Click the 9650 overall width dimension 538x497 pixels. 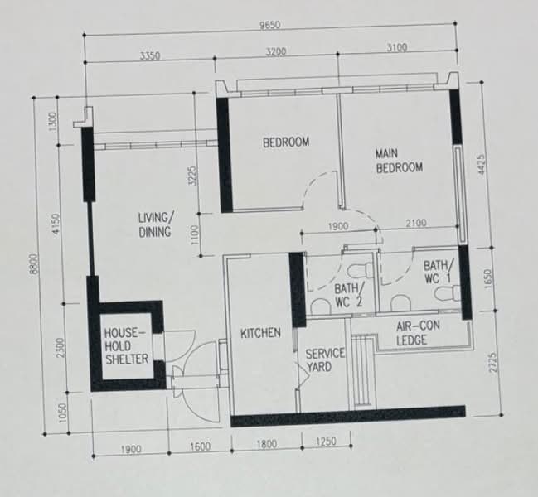coord(269,26)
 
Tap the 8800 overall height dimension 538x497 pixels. coord(34,264)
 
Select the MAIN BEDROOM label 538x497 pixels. coord(399,161)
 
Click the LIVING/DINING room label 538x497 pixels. coord(155,224)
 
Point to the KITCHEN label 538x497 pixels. coord(260,333)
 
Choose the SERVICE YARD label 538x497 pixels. coord(324,360)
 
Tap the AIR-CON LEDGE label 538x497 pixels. coord(418,333)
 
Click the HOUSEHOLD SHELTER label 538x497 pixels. coord(126,346)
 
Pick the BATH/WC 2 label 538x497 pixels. coord(349,295)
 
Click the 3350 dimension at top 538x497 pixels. coord(150,55)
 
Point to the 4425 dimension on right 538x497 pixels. coord(482,165)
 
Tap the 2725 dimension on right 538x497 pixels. coord(492,363)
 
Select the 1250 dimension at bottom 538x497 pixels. coord(326,442)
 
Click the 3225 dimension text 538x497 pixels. coord(193,176)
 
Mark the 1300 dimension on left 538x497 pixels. coord(52,121)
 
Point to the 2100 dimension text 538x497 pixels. coord(416,224)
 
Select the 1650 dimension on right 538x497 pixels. coord(489,278)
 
